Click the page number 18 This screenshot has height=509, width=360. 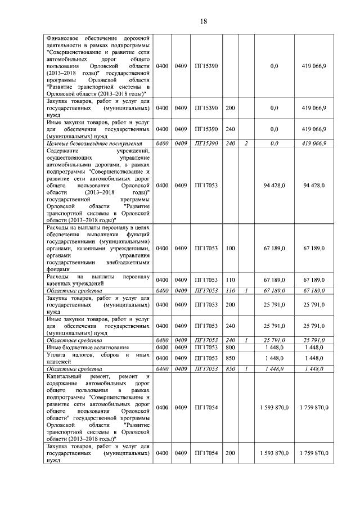coord(204,21)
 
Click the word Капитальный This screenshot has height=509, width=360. coord(65,376)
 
